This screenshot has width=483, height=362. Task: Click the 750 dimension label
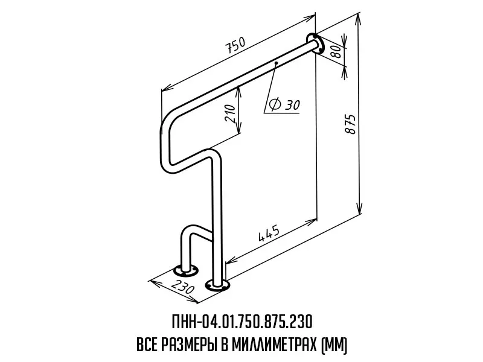point(236,45)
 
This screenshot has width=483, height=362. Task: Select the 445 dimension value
point(269,233)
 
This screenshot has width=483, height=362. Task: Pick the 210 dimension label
point(231,113)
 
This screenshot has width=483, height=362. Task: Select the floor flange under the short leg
point(186,271)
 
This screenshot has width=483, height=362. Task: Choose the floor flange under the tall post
point(217,285)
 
